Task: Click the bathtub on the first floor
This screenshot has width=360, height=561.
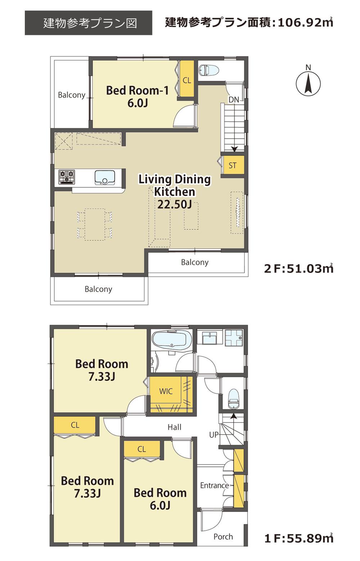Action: [171, 340]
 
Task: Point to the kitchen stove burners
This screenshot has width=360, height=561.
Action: [67, 177]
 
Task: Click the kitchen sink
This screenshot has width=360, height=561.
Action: [105, 178]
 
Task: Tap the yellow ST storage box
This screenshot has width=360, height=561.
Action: [233, 166]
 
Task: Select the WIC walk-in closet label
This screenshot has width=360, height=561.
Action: [166, 391]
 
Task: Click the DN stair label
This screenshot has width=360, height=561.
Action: [234, 99]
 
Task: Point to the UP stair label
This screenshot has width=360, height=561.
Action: [214, 435]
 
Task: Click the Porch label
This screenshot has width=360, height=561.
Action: [223, 536]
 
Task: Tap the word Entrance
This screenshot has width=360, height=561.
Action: [215, 485]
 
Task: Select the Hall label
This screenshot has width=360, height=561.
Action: [174, 427]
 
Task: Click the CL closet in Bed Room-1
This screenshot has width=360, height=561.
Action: [187, 80]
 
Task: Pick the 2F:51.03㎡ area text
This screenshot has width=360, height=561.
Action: [298, 268]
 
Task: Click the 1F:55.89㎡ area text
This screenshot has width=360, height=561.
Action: [298, 538]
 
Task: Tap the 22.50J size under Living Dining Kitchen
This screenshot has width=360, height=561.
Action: [175, 205]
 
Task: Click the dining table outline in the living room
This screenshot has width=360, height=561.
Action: [94, 224]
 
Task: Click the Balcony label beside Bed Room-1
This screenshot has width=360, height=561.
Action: [72, 95]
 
